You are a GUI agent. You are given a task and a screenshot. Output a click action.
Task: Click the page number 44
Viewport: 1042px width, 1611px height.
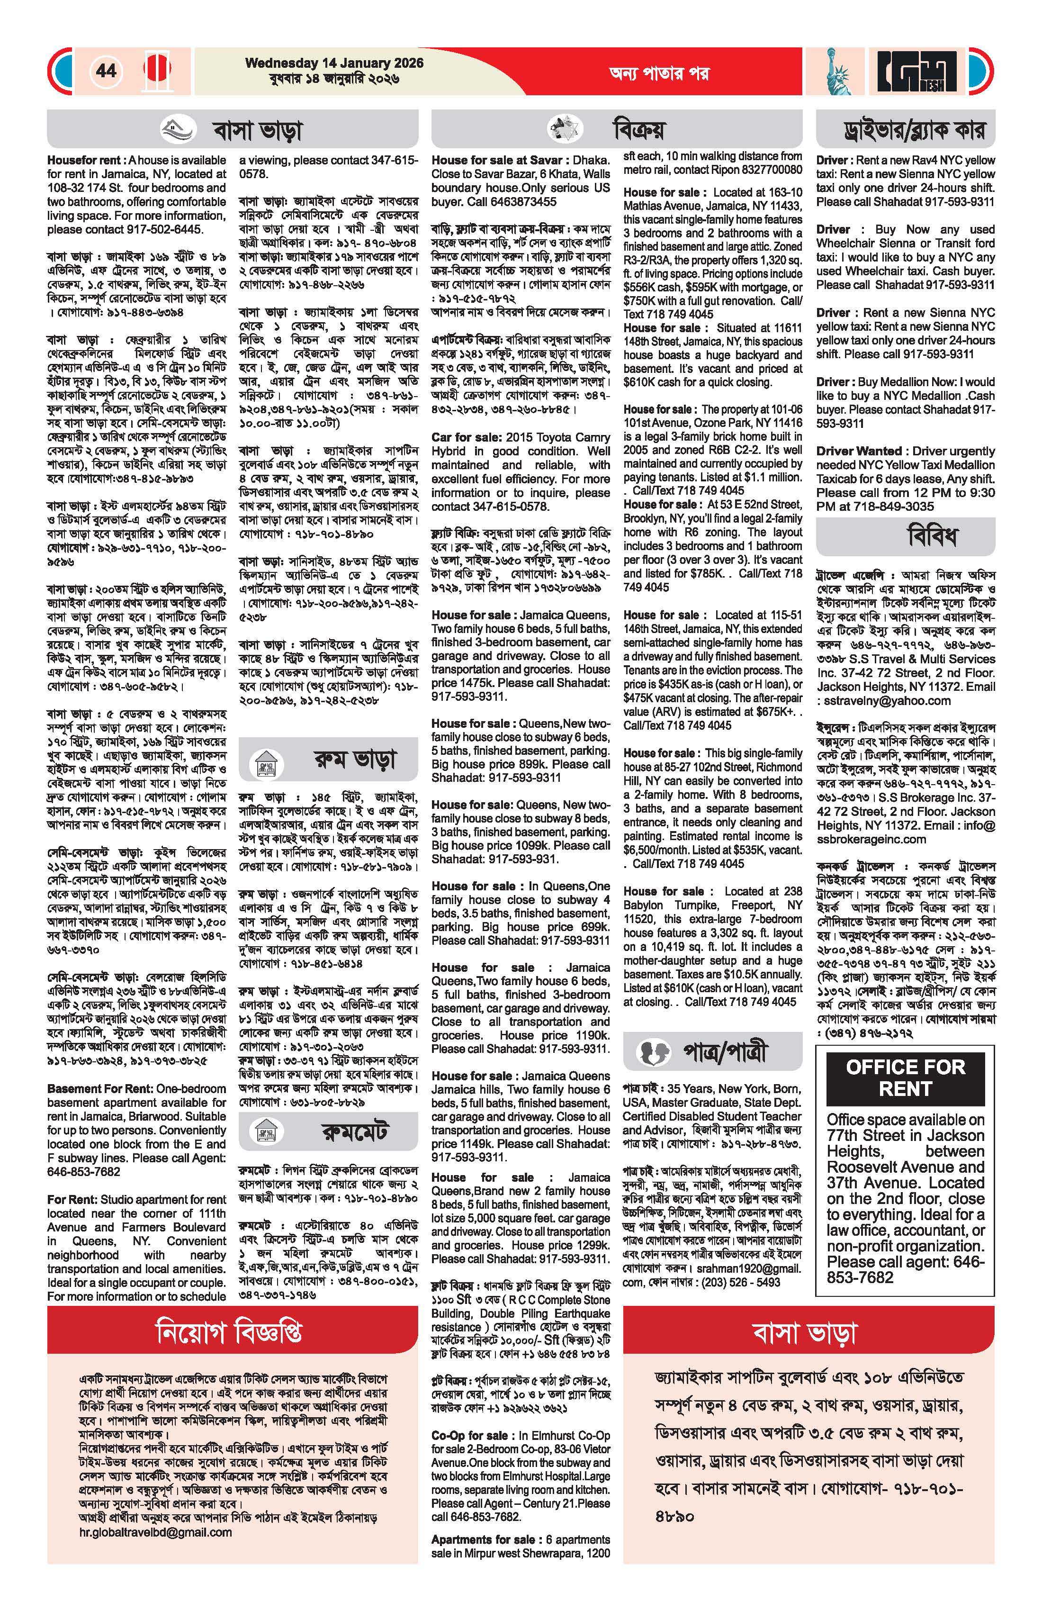click(106, 71)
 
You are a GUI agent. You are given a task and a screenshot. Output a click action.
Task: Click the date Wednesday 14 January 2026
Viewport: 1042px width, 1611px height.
click(334, 63)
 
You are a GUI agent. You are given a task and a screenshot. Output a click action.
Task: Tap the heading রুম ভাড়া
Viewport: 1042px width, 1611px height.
click(355, 760)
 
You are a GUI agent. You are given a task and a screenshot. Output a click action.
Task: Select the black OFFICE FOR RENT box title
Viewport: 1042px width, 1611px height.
click(905, 1077)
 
